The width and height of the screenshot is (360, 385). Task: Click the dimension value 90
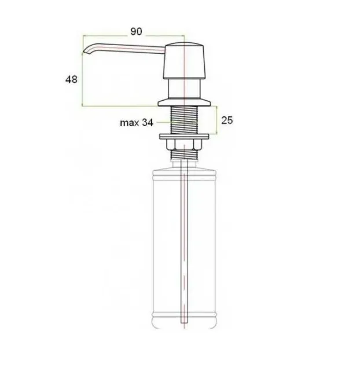click(136, 31)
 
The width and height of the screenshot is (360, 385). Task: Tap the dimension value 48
click(71, 79)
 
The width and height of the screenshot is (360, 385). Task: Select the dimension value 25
click(227, 120)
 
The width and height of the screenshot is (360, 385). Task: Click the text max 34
click(137, 123)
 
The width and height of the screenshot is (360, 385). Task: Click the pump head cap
click(184, 61)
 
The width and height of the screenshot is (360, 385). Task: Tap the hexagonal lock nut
click(184, 145)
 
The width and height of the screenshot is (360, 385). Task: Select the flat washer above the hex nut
click(184, 137)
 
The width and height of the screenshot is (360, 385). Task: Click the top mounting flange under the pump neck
click(184, 102)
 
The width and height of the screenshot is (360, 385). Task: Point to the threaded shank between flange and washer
click(184, 120)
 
